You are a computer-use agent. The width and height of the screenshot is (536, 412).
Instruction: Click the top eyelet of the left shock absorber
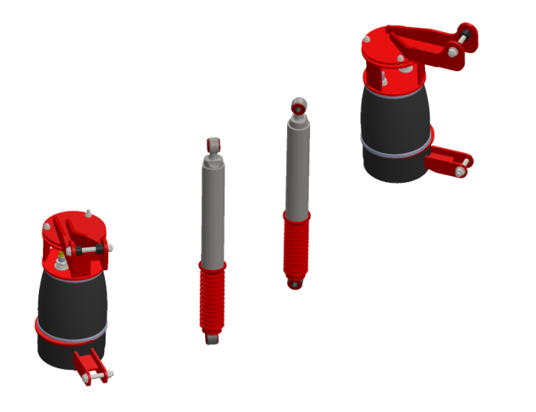[214, 143]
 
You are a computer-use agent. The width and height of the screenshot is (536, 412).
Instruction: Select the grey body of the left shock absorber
[214, 207]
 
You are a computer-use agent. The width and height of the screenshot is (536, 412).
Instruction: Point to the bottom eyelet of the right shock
[294, 284]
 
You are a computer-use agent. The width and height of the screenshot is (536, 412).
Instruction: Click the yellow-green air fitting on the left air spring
[61, 255]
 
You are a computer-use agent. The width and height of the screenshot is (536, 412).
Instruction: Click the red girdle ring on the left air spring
[70, 331]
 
